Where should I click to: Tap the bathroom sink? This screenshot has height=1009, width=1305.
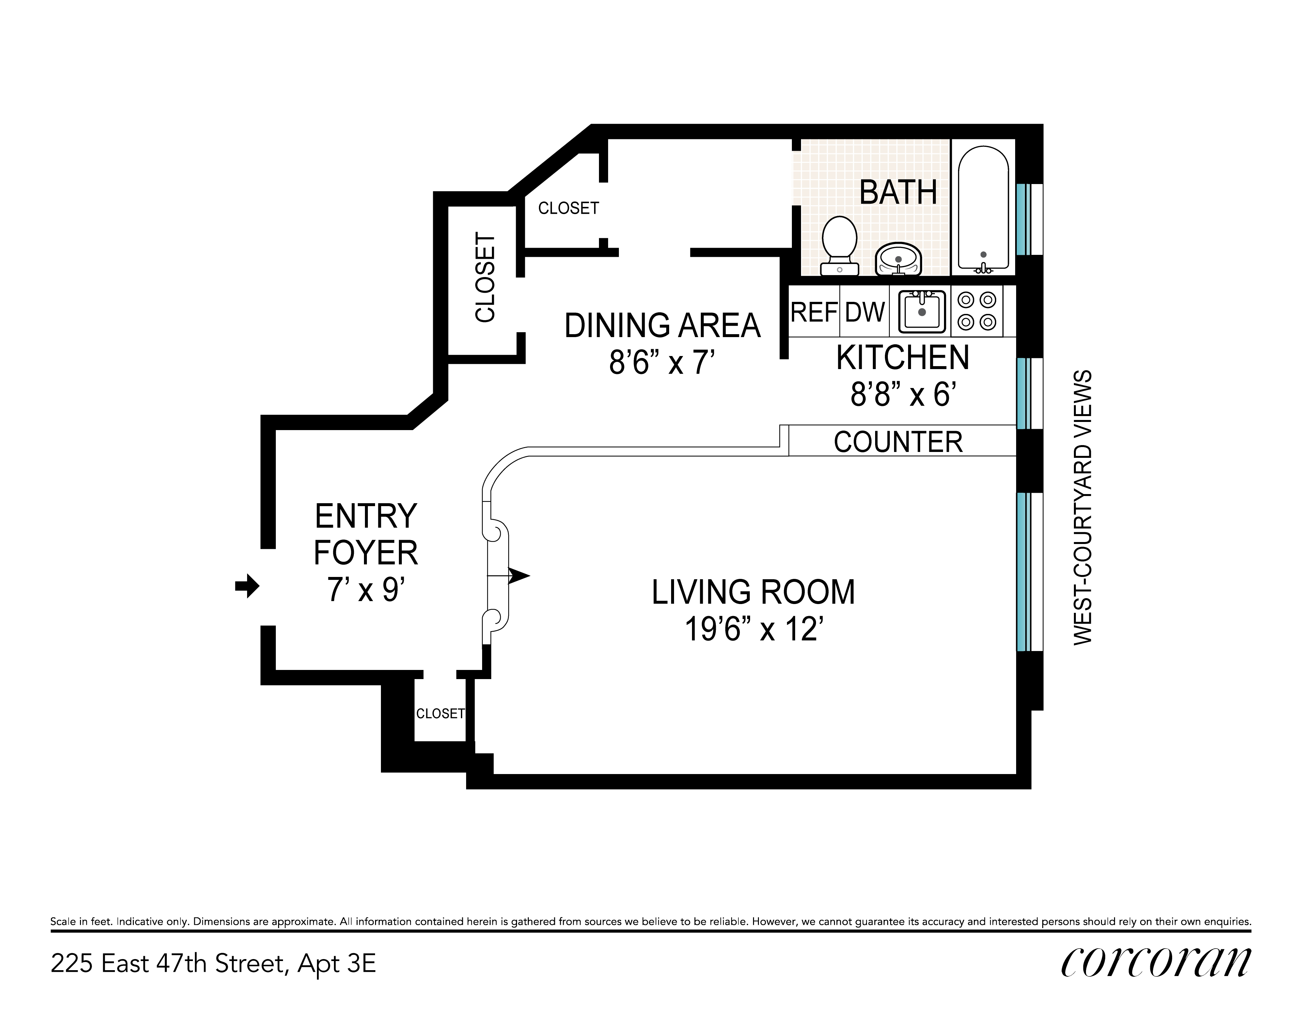pyautogui.click(x=898, y=259)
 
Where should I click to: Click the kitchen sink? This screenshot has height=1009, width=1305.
pyautogui.click(x=922, y=311)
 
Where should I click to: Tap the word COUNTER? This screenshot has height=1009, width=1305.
pyautogui.click(x=898, y=442)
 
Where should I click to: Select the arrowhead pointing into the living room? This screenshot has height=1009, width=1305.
pyautogui.click(x=519, y=575)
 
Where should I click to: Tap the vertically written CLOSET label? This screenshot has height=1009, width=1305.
pyautogui.click(x=485, y=277)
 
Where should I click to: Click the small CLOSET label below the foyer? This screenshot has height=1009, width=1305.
pyautogui.click(x=440, y=714)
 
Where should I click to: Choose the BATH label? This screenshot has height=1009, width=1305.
pyautogui.click(x=898, y=192)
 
